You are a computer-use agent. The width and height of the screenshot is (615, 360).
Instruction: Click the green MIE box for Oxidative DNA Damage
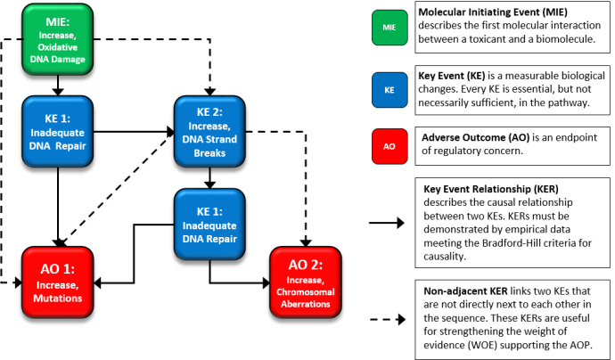click(58, 40)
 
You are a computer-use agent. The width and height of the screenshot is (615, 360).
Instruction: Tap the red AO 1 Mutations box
click(58, 282)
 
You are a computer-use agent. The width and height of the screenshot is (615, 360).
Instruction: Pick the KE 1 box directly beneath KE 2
click(209, 218)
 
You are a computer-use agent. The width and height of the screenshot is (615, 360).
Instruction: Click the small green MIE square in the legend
click(389, 28)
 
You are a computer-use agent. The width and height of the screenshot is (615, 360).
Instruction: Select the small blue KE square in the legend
click(389, 90)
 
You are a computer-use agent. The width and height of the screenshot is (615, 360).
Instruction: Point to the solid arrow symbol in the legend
click(389, 224)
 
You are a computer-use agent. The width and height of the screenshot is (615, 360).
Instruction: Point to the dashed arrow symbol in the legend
click(389, 315)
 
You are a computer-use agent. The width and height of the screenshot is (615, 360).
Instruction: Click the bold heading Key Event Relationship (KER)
click(498, 189)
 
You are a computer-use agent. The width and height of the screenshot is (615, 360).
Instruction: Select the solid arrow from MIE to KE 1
click(58, 86)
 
